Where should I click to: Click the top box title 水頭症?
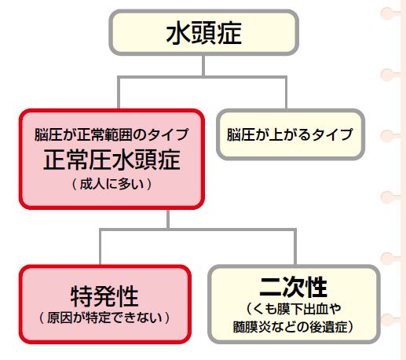(x=203, y=34)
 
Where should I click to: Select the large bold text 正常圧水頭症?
(x=112, y=160)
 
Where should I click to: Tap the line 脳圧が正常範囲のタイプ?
(x=112, y=134)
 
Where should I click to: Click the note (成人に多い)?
(x=112, y=184)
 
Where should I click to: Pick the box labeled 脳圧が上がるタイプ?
(x=291, y=134)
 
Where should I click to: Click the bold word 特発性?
(x=104, y=296)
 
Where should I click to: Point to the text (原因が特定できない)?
(x=104, y=318)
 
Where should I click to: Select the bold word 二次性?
(x=293, y=287)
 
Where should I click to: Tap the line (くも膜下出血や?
(x=294, y=309)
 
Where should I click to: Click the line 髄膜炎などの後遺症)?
(x=294, y=326)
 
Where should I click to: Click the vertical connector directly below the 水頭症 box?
(x=203, y=65)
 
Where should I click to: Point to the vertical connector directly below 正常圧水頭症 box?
(x=168, y=219)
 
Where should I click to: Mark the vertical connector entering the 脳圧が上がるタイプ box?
(x=286, y=93)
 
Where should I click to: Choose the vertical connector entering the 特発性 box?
(x=101, y=247)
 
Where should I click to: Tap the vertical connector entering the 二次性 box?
(x=295, y=247)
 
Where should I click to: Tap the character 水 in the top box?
(x=178, y=34)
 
